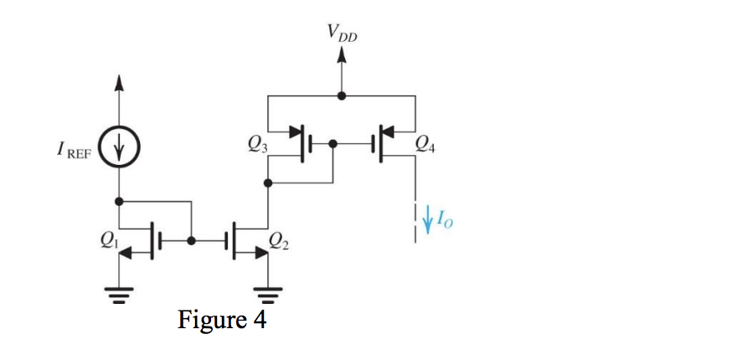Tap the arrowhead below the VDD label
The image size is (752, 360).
click(x=341, y=55)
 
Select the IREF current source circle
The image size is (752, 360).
click(x=119, y=150)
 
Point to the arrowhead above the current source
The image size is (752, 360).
click(x=119, y=82)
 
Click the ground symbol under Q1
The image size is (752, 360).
click(x=119, y=295)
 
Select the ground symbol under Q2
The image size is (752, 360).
click(x=268, y=295)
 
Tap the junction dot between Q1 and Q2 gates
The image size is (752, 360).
click(x=192, y=239)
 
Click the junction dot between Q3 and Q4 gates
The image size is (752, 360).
click(x=333, y=143)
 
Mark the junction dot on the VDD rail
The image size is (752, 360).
click(x=341, y=95)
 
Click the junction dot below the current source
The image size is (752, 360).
click(x=119, y=201)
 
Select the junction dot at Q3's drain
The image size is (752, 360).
click(x=268, y=181)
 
